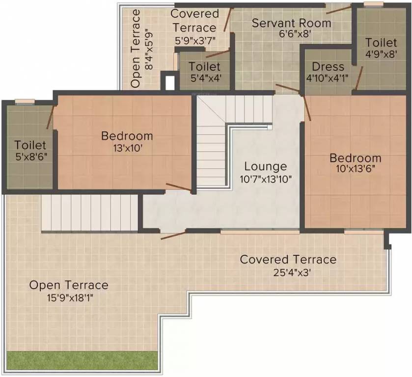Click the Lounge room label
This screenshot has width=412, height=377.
(x=266, y=166)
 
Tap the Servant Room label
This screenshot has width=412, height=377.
(x=291, y=23)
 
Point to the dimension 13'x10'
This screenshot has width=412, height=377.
(x=127, y=147)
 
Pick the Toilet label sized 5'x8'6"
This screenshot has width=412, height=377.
(x=30, y=145)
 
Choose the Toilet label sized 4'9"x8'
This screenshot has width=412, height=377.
(x=381, y=43)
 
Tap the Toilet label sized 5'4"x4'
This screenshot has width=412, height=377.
(x=204, y=66)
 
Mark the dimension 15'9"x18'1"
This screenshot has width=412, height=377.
(x=68, y=296)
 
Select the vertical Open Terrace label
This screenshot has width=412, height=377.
(x=136, y=48)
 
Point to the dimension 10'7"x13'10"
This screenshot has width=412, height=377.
(x=266, y=179)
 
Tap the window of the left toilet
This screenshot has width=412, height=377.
(x=24, y=102)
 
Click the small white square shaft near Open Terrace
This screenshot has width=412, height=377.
(x=169, y=82)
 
